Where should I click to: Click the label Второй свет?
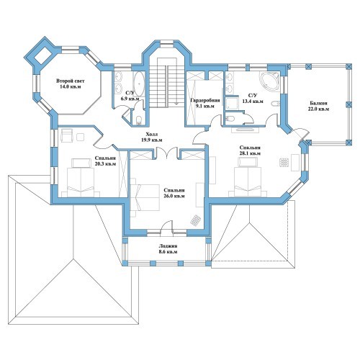[71, 81]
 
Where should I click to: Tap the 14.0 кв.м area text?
[71, 87]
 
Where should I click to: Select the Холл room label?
[152, 134]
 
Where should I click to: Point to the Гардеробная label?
[205, 100]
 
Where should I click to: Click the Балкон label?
[318, 103]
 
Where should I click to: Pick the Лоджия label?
[168, 246]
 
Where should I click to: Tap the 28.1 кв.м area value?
[250, 153]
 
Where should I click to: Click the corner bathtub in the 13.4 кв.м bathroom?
[269, 81]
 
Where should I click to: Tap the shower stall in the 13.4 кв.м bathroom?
[232, 102]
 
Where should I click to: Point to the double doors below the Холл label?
[167, 153]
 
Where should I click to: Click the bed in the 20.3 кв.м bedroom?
[81, 178]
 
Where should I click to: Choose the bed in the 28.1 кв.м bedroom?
[248, 178]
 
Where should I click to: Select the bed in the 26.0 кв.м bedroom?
[145, 197]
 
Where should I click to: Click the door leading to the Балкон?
[300, 134]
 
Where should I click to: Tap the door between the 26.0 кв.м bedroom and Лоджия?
[167, 227]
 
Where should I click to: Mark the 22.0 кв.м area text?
[318, 109]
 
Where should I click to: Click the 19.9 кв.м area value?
[152, 140]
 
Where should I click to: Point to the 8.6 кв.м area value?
[168, 252]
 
